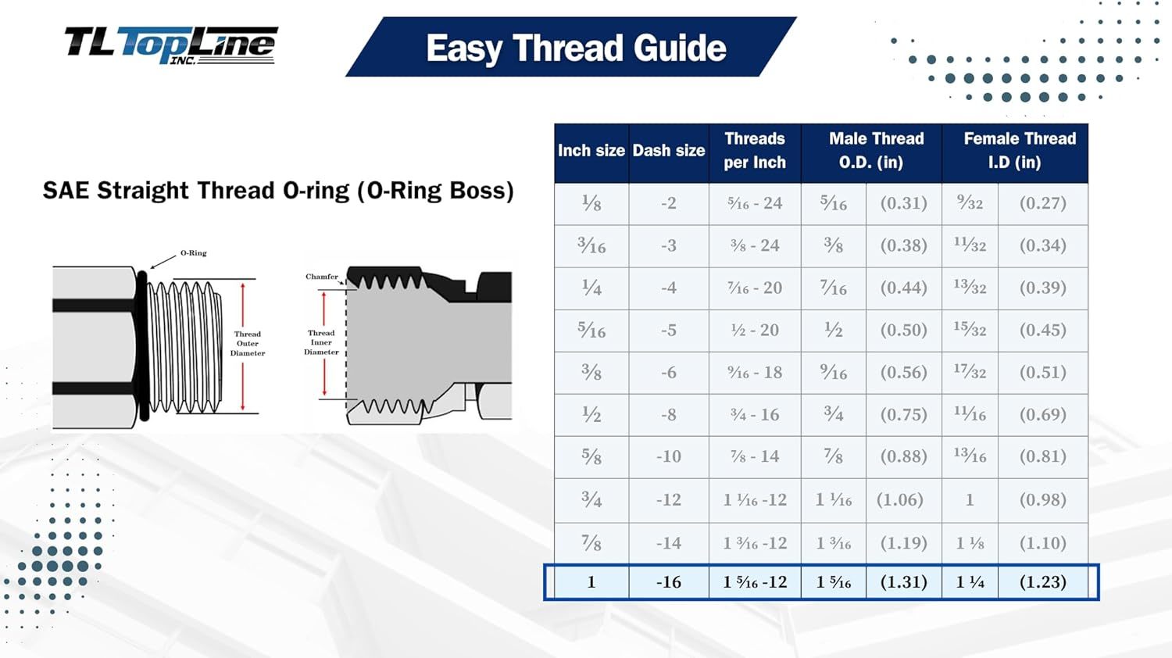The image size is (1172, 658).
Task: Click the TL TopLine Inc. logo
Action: pos(171,45)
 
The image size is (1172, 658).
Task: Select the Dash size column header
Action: pos(669,151)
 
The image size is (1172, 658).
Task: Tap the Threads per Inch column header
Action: pos(755,151)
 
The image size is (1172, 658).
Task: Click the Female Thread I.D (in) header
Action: pos(1019,151)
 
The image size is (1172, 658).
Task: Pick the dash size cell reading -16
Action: pos(669,582)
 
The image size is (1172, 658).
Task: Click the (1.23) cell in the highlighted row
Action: pos(1042,582)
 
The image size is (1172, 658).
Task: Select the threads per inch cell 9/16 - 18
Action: pos(755,372)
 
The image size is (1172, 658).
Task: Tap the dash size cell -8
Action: pos(669,415)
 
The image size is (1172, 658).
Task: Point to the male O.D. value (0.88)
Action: pos(903,456)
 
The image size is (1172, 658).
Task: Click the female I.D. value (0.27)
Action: pos(1042,203)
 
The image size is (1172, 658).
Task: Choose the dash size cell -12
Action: pos(669,500)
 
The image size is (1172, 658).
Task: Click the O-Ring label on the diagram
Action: pos(194,253)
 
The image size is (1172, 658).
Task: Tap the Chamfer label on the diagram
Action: pos(322,277)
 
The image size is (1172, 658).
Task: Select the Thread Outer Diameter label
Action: pos(248,343)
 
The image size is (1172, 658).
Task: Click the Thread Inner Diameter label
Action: pos(321,342)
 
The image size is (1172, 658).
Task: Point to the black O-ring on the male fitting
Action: pos(142,345)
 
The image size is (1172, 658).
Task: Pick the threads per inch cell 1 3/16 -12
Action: pos(755,543)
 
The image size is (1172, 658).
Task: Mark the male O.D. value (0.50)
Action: pos(903,331)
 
